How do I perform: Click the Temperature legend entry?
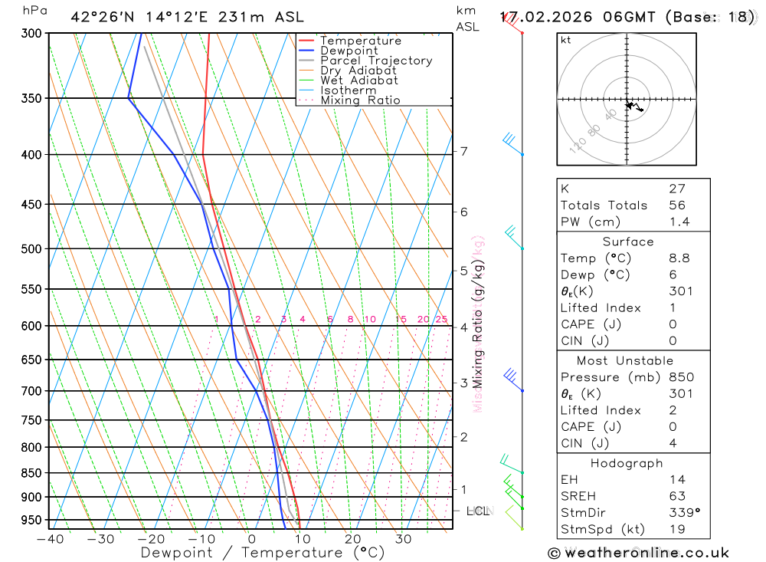tap(360, 41)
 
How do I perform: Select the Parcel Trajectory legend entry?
tap(376, 61)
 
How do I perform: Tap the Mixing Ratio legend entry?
tap(360, 100)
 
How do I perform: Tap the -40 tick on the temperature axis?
tap(50, 539)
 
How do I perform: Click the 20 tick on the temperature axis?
tap(353, 539)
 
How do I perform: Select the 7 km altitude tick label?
tap(464, 151)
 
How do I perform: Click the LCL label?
tap(477, 511)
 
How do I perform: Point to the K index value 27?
tap(676, 189)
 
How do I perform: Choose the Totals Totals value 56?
tap(676, 205)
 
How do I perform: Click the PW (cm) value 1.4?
tap(679, 222)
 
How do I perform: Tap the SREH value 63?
tap(676, 496)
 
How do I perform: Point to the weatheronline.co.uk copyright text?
tap(638, 553)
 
